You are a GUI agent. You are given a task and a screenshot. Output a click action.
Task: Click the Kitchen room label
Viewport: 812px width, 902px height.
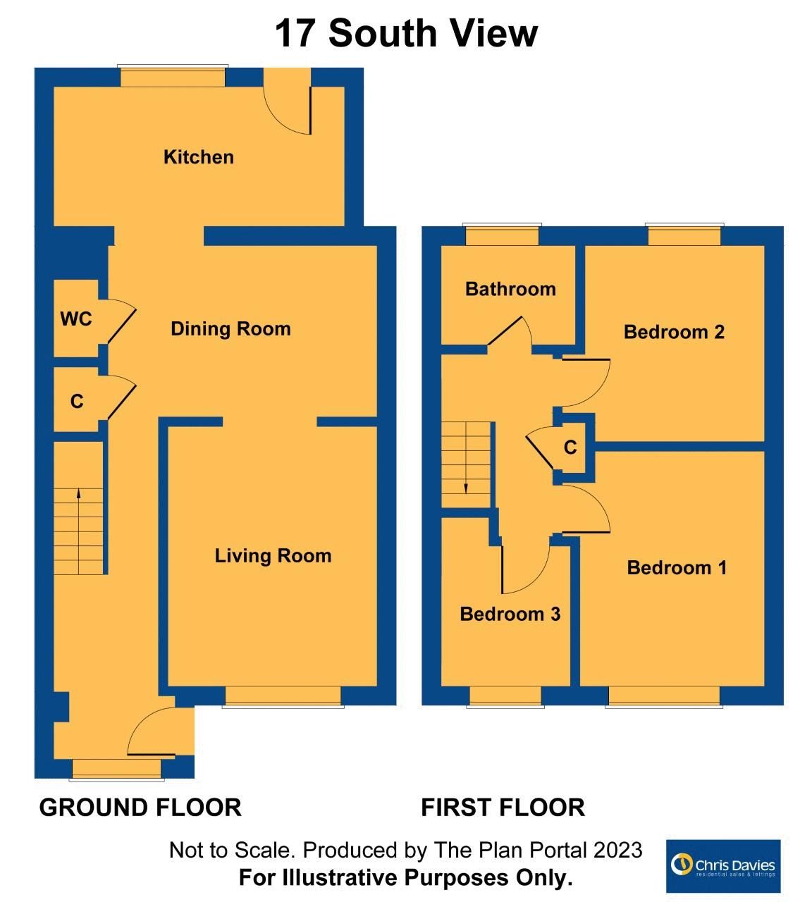click(198, 157)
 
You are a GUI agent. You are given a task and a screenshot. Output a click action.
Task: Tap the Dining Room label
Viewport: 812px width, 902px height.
click(230, 328)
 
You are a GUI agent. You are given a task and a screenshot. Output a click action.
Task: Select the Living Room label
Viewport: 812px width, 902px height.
click(273, 555)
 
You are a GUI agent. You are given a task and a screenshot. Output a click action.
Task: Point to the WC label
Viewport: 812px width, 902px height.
click(76, 319)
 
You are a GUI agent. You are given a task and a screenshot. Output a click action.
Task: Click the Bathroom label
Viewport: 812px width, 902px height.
click(510, 289)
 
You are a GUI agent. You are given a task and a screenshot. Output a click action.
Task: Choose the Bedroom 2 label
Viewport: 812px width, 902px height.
click(674, 332)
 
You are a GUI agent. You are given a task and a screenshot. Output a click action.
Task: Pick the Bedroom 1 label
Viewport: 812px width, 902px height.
click(677, 567)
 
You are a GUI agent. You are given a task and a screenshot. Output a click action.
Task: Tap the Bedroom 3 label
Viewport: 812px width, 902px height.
click(510, 614)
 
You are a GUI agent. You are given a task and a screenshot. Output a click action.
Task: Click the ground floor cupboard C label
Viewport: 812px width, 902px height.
click(77, 401)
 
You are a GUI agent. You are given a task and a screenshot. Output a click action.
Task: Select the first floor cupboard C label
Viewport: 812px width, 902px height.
click(570, 447)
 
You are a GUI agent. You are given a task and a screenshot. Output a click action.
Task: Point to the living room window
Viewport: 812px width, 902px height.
click(283, 697)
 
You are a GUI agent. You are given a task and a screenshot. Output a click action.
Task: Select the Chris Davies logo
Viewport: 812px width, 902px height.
click(723, 865)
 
